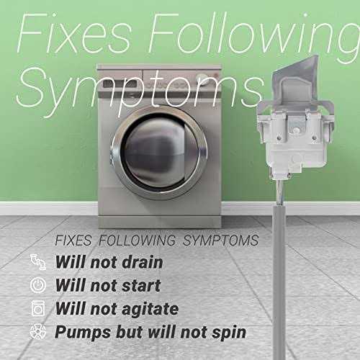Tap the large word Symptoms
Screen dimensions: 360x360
coord(137,90)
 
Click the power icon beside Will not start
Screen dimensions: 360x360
coord(38,286)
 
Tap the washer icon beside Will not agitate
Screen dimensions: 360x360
coord(38,308)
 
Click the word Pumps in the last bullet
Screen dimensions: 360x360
coord(82,332)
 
